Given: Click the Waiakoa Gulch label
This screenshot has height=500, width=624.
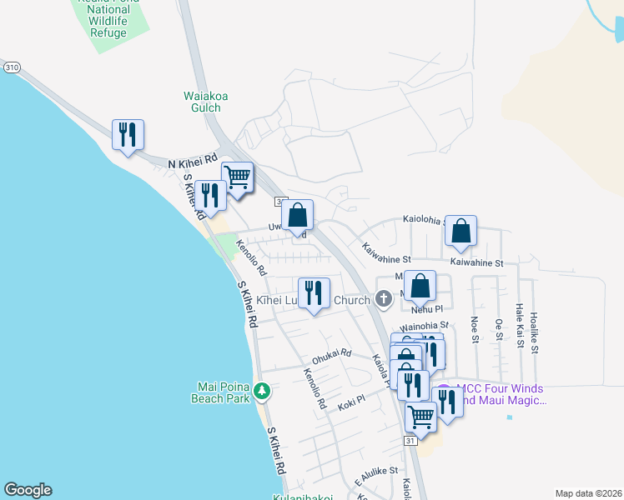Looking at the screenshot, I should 206,102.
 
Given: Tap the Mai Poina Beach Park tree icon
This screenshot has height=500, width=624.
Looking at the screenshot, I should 262,390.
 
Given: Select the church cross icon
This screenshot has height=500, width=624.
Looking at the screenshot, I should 384,298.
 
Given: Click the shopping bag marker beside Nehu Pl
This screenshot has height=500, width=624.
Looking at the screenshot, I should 420,287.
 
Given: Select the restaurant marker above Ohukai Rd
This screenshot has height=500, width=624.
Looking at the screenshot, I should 314,293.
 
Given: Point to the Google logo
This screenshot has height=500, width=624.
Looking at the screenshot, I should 28,490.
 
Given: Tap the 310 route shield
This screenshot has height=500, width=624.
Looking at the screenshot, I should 11,67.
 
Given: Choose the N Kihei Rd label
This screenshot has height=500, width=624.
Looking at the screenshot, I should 192,161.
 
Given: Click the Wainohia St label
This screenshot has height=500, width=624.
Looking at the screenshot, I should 425,326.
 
